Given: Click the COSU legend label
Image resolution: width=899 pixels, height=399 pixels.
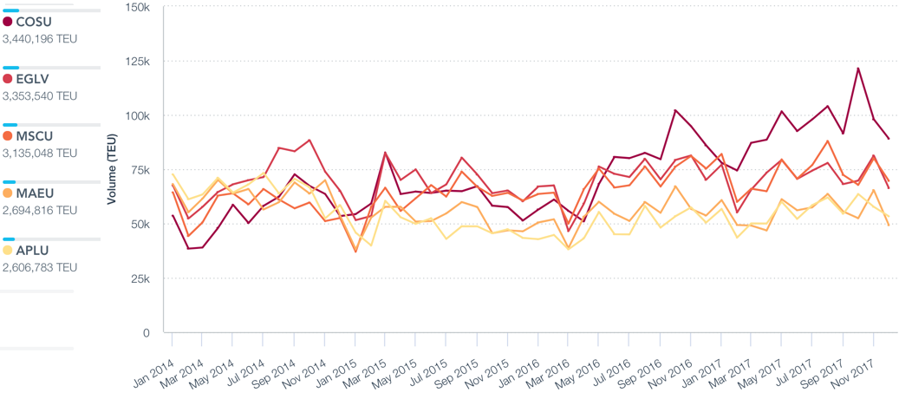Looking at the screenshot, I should (34, 22).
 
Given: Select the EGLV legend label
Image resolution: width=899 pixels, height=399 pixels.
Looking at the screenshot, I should (33, 79).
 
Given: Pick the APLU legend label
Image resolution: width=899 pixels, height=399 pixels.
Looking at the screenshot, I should (33, 251).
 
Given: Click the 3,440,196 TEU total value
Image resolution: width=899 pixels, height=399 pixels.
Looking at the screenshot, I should (40, 38).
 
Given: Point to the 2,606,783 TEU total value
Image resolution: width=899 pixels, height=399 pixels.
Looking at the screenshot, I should (40, 267).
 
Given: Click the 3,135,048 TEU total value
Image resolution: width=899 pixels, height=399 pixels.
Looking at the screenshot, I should (40, 153).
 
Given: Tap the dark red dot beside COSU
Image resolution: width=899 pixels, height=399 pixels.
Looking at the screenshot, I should (8, 22).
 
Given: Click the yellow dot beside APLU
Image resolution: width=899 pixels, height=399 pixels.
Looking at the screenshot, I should (8, 251).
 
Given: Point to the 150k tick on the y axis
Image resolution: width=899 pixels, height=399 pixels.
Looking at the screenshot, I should (137, 7).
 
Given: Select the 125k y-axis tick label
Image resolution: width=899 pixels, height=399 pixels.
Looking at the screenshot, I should (137, 62).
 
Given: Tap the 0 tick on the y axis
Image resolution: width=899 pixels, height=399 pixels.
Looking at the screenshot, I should (146, 333).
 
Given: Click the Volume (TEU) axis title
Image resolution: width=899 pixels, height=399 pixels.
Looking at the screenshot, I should (111, 170).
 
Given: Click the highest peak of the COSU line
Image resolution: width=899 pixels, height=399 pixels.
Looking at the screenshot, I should (858, 68).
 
